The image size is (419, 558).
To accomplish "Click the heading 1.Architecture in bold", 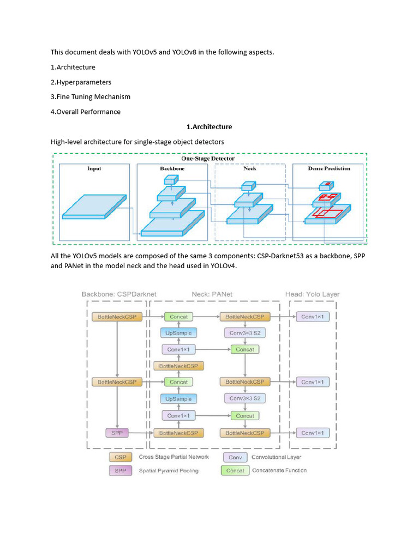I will click(x=209, y=126).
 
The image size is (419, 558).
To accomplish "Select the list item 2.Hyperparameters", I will click(x=81, y=82).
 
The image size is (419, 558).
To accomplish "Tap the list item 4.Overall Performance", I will click(x=86, y=112).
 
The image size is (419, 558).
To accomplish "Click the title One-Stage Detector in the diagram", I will click(x=208, y=159).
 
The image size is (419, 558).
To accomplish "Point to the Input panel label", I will click(x=94, y=168).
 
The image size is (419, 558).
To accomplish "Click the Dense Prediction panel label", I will click(x=329, y=168).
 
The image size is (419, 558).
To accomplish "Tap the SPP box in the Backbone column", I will click(x=117, y=433).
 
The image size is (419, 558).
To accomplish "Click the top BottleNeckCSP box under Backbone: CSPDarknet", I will click(x=117, y=317).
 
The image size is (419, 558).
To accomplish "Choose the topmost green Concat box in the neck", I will click(x=178, y=317).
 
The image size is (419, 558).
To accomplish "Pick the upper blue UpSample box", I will click(x=178, y=332).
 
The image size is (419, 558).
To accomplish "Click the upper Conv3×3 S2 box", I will click(x=245, y=332).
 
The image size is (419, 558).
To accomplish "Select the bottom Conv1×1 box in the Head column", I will click(x=313, y=433).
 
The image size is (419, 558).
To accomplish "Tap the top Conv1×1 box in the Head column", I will click(x=313, y=317).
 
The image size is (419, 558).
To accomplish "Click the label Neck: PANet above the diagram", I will click(x=212, y=294).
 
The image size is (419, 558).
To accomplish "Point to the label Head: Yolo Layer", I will click(x=313, y=294).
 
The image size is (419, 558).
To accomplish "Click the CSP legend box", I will click(x=120, y=457).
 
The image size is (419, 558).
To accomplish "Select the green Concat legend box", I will click(x=235, y=470).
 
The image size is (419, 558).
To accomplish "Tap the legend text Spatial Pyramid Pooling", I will click(x=169, y=470).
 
